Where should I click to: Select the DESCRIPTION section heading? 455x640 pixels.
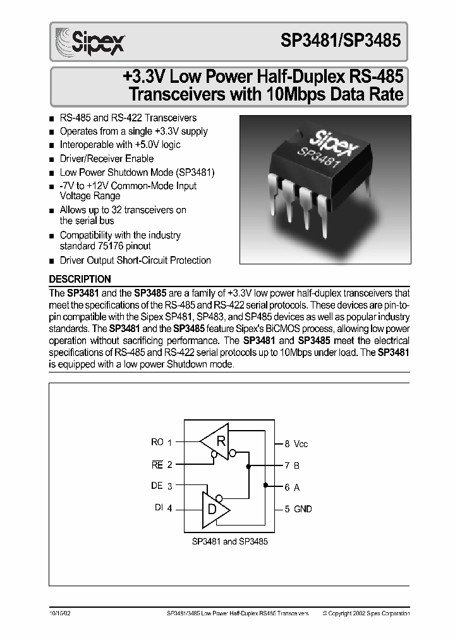(80, 279)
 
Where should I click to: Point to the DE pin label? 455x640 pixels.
(157, 486)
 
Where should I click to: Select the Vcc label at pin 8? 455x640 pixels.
(301, 444)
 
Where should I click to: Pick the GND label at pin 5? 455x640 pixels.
(303, 509)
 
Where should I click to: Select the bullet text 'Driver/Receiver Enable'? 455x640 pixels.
(106, 158)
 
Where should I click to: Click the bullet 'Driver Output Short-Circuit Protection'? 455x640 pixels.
(135, 260)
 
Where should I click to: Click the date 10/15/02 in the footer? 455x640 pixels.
(61, 613)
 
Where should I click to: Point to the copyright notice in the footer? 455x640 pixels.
(366, 613)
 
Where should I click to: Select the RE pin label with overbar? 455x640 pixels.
(157, 464)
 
